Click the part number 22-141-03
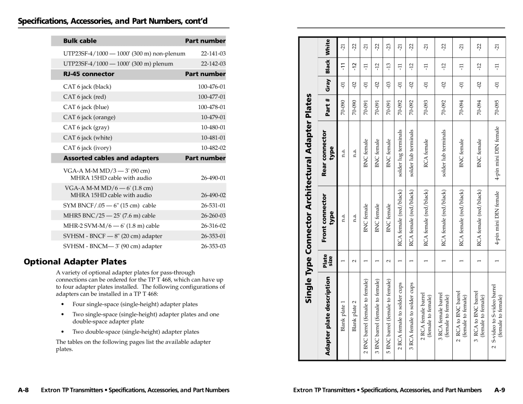click(213, 53)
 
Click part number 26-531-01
click(213, 205)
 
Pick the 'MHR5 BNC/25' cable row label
click(109, 215)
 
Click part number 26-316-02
click(213, 225)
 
